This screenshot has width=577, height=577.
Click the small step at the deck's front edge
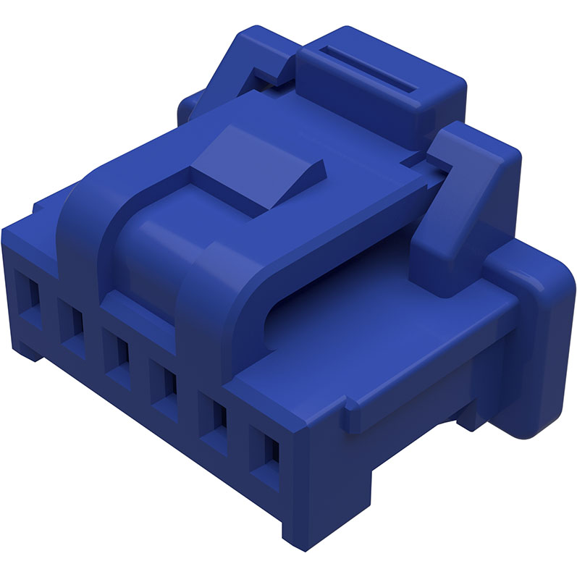[355, 420]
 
